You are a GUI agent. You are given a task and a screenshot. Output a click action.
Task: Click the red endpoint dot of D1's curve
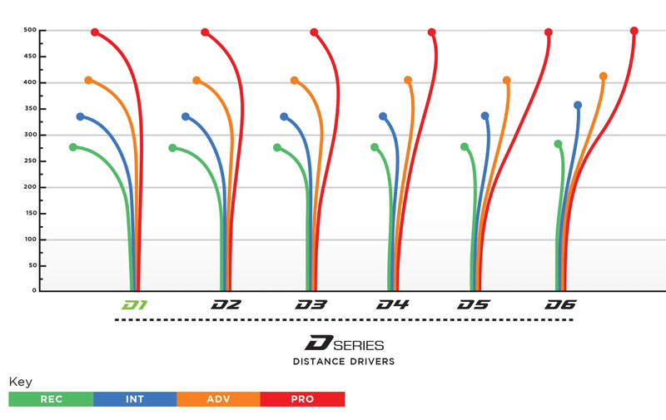(x=95, y=32)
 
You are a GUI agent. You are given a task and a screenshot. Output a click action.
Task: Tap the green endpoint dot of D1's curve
(x=73, y=147)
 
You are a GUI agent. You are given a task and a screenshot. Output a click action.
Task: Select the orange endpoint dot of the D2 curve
(x=196, y=81)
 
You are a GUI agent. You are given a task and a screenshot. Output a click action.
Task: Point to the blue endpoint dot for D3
(x=284, y=116)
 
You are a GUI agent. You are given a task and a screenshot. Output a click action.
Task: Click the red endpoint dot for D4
(x=431, y=32)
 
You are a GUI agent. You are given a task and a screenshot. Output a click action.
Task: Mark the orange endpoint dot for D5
(x=506, y=81)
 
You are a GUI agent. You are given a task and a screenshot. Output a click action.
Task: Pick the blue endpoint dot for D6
(x=578, y=106)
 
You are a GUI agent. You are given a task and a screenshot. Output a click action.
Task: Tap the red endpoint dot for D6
(x=634, y=31)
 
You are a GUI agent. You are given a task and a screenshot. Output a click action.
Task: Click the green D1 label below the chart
(x=135, y=305)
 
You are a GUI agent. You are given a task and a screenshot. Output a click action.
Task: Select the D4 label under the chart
(x=392, y=305)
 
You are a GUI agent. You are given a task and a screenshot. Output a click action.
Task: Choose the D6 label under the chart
(x=560, y=305)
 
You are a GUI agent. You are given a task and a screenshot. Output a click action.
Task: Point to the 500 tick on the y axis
(x=31, y=31)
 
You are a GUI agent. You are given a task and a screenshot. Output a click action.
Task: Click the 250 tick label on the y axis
(x=31, y=161)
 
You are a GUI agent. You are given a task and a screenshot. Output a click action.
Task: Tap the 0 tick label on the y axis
(x=35, y=291)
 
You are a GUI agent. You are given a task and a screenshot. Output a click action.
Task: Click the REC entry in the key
(x=51, y=399)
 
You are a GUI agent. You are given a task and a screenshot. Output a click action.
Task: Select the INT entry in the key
(x=135, y=399)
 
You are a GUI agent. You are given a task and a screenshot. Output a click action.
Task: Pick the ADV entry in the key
(x=218, y=399)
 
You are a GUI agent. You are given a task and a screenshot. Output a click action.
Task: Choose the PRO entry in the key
(x=302, y=399)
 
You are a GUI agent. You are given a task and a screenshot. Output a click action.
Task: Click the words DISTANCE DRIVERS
(x=344, y=362)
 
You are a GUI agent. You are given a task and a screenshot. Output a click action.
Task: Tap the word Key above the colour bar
(x=20, y=382)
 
